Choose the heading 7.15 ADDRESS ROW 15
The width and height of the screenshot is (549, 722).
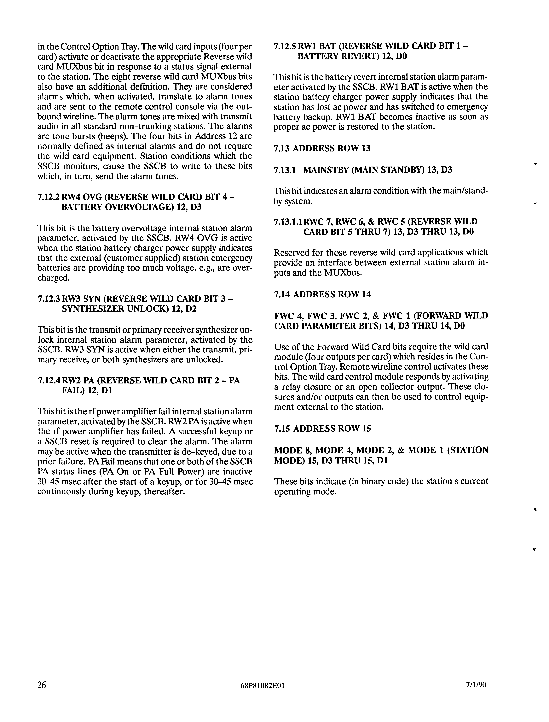click(322, 429)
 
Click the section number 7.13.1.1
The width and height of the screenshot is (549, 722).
click(288, 222)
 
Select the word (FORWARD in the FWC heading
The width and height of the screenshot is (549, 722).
click(431, 316)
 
